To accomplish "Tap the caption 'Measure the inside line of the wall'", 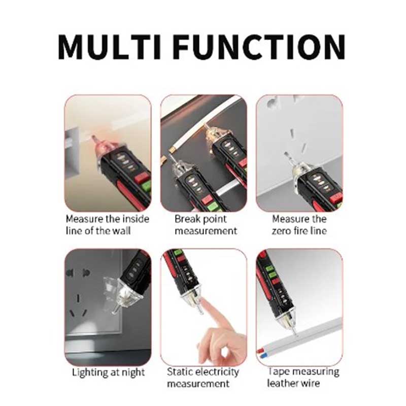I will click(x=108, y=225).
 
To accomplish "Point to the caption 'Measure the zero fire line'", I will click(x=299, y=225).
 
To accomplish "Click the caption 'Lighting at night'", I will click(x=108, y=372).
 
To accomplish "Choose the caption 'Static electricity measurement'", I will click(x=204, y=378).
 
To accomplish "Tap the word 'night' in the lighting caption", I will click(x=133, y=373).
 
